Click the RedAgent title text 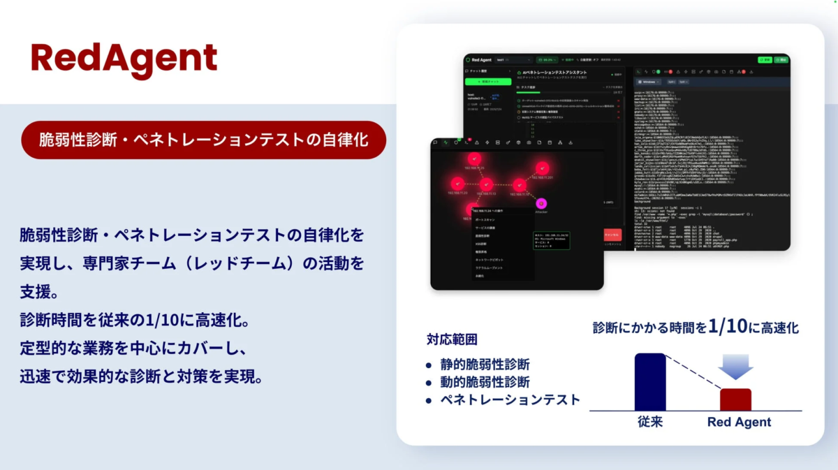(x=124, y=57)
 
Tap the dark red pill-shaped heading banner (x=203, y=140)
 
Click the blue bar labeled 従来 (x=649, y=382)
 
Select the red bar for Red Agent (x=735, y=399)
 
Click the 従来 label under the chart (x=649, y=422)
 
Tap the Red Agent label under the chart (x=739, y=422)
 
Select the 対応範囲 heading (x=452, y=340)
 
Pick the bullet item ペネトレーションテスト (x=510, y=400)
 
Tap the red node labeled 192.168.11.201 (x=542, y=168)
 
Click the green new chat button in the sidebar (x=488, y=82)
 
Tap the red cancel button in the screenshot (x=611, y=235)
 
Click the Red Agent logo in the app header (x=483, y=60)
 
